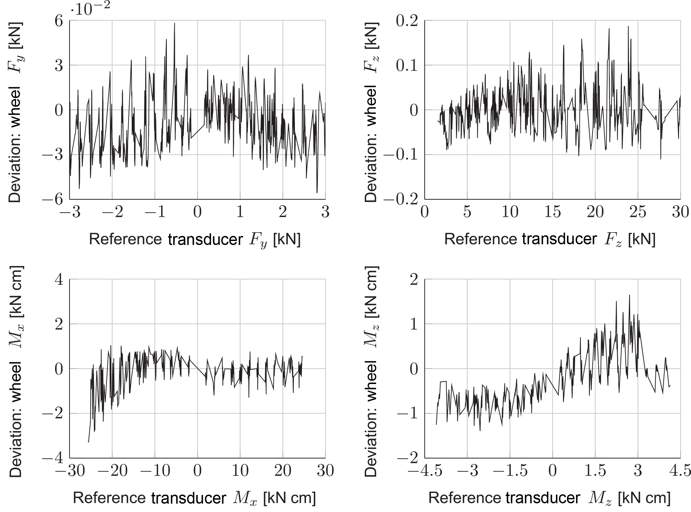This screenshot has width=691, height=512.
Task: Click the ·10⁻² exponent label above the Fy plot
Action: click(90, 9)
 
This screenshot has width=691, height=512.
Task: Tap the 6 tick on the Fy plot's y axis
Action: click(59, 21)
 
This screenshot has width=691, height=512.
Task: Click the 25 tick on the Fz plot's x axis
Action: click(638, 213)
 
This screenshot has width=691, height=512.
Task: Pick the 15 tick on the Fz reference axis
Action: click(552, 213)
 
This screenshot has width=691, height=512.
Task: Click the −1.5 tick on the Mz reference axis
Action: click(509, 471)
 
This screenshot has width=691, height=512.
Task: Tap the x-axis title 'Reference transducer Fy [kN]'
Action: click(195, 240)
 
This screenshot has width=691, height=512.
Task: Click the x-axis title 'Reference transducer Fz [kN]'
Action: click(550, 240)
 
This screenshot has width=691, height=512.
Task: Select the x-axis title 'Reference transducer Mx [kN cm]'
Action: click(194, 499)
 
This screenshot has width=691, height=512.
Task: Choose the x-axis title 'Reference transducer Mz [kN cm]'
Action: click(549, 499)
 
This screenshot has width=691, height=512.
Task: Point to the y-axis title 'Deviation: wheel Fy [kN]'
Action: click(15, 112)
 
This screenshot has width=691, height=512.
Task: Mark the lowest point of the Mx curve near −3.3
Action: click(88, 442)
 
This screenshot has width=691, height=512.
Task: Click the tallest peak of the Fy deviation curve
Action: click(175, 23)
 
